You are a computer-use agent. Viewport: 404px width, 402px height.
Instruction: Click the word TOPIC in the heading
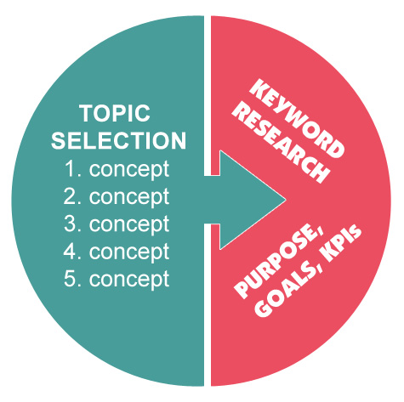[115, 113]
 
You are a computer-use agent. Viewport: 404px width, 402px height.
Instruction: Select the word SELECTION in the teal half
[118, 140]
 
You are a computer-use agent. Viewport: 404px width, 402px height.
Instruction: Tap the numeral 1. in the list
[73, 169]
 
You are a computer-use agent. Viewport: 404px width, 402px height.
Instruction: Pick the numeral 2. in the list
[72, 196]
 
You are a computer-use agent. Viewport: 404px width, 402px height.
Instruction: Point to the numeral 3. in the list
[72, 224]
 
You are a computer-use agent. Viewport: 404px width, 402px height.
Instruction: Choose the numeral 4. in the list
[72, 252]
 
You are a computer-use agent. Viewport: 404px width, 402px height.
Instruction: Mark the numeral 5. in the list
[72, 279]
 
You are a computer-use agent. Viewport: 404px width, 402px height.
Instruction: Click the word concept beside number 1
[129, 170]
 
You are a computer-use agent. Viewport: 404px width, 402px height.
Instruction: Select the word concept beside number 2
[129, 197]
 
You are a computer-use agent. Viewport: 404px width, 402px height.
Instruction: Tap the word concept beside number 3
[129, 225]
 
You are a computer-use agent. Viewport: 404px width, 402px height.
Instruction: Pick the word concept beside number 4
[129, 252]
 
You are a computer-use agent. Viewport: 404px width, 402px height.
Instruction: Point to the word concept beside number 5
[129, 280]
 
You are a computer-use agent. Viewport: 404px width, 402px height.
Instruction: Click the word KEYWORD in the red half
[297, 119]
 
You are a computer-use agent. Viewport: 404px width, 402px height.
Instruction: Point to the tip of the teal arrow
[285, 200]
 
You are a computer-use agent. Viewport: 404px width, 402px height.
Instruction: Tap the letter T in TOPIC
[86, 113]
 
